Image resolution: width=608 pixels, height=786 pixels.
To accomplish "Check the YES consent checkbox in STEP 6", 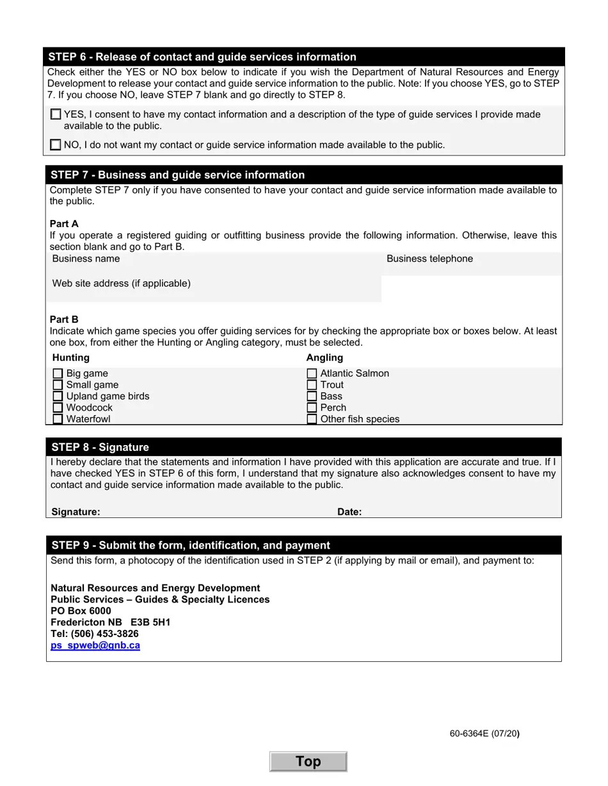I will pyautogui.click(x=56, y=114).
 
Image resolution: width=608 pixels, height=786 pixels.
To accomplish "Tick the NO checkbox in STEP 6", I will pyautogui.click(x=56, y=145).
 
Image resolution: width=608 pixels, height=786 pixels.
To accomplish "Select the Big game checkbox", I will pyautogui.click(x=58, y=373).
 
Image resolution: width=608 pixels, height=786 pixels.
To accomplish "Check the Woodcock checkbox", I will pyautogui.click(x=58, y=408).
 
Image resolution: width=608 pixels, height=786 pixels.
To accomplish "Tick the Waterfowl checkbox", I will pyautogui.click(x=58, y=420).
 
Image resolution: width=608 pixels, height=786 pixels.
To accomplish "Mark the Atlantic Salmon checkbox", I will pyautogui.click(x=312, y=373).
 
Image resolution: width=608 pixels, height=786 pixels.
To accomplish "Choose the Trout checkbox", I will pyautogui.click(x=312, y=385).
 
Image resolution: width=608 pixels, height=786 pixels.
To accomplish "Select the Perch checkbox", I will pyautogui.click(x=312, y=408).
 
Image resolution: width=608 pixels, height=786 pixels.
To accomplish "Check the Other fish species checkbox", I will pyautogui.click(x=312, y=420).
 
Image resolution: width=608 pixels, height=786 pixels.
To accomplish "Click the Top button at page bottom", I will pyautogui.click(x=308, y=762).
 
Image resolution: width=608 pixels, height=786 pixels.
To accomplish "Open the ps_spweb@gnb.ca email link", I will pyautogui.click(x=95, y=645).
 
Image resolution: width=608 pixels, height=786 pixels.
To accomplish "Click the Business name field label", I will pyautogui.click(x=86, y=259).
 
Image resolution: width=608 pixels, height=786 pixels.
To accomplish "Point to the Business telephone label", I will pyautogui.click(x=429, y=259).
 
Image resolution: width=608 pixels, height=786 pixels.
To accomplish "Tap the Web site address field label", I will pyautogui.click(x=121, y=283).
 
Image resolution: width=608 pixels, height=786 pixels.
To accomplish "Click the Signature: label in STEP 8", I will pyautogui.click(x=76, y=512).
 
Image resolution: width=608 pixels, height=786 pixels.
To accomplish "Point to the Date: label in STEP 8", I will pyautogui.click(x=349, y=512).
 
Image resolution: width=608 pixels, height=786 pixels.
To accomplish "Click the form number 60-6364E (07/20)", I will pyautogui.click(x=484, y=734).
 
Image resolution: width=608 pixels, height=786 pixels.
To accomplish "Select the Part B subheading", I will pyautogui.click(x=64, y=319).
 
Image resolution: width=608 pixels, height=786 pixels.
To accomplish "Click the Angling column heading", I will pyautogui.click(x=324, y=358).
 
